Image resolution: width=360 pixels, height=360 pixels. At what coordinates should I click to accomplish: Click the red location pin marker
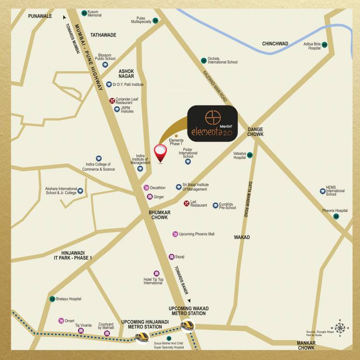160,152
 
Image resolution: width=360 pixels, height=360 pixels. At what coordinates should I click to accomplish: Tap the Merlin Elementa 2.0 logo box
212,123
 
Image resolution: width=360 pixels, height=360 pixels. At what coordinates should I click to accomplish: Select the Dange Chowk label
255,132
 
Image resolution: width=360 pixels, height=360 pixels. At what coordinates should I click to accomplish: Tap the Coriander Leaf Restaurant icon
112,100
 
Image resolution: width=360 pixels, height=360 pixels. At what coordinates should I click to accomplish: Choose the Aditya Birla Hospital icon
324,45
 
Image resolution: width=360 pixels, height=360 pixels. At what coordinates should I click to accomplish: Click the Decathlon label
158,187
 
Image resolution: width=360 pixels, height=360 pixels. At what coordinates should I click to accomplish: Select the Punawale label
40,16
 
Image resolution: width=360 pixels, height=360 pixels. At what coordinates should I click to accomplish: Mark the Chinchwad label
275,44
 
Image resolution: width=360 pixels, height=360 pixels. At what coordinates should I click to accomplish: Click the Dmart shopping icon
61,321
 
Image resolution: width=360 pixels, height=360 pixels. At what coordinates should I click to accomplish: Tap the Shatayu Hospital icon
52,299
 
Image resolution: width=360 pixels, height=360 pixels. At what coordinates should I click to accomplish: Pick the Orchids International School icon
203,60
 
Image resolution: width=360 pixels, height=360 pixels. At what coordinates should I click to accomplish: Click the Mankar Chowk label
306,345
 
